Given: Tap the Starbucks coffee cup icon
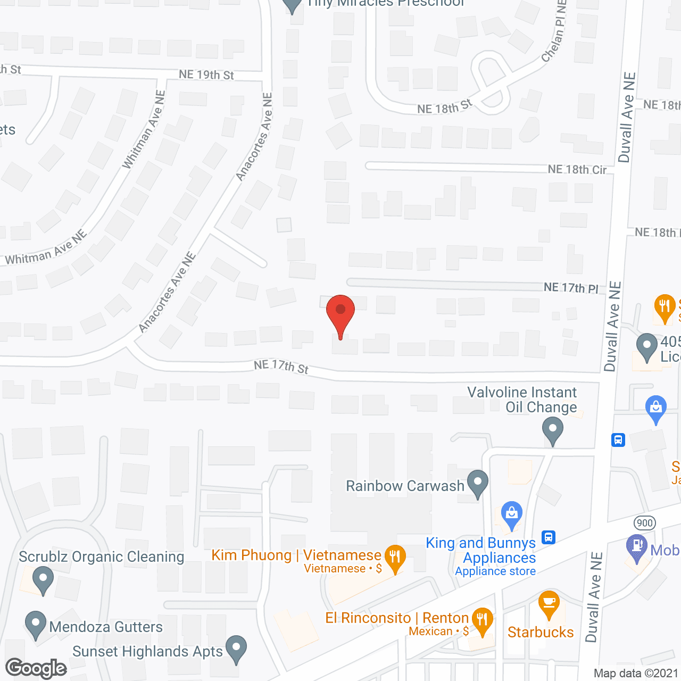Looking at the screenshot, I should point(549,603).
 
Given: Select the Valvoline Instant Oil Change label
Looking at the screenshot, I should point(522,400).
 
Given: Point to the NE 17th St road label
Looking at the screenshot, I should point(281,367).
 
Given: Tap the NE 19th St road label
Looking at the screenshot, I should point(206,75).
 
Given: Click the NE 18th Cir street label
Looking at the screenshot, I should point(577,170).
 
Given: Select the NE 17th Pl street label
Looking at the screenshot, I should point(571,288).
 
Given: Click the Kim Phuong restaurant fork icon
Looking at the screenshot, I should point(395,557).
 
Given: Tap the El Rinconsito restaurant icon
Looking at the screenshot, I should point(482,620).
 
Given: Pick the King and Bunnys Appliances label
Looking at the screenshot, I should point(481,550).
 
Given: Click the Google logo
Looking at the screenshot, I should point(36,668).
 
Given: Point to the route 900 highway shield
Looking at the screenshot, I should point(644,522).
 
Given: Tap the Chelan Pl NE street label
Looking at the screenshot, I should point(555,32).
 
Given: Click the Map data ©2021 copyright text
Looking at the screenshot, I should point(636,673).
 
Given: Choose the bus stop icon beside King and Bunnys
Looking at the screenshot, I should point(549,537).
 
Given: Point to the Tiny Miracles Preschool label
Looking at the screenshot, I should point(386,3).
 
